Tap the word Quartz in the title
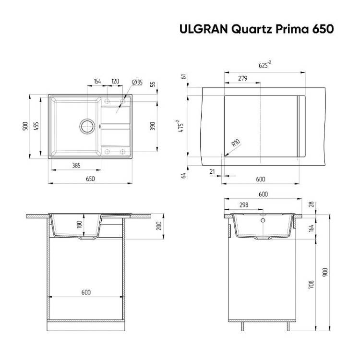point(252,30)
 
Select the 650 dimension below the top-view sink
point(90,179)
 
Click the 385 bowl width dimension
point(76,165)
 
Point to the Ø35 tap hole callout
point(137,82)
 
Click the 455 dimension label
point(36,126)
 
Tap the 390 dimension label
point(153,126)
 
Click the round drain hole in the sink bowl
point(87,126)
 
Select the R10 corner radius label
point(236,143)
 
